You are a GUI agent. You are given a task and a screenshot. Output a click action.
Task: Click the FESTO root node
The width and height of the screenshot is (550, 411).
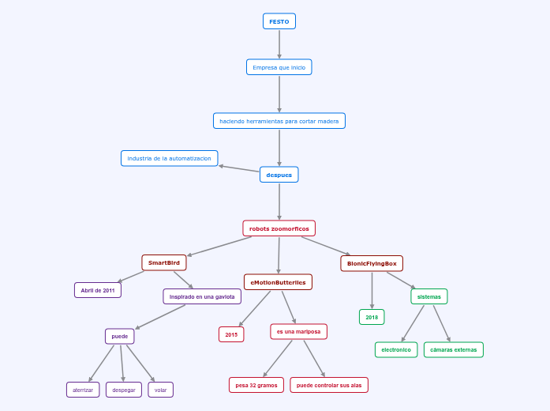279,21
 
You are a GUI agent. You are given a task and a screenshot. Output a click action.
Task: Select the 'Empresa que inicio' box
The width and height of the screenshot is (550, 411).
279,67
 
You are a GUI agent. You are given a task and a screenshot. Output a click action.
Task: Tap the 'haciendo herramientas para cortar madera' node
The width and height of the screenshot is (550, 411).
279,121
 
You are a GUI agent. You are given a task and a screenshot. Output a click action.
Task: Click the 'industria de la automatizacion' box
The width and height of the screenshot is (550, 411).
169,158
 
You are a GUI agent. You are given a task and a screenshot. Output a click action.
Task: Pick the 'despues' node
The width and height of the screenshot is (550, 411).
279,175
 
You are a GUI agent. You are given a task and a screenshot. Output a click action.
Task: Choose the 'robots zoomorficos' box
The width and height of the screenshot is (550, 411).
279,228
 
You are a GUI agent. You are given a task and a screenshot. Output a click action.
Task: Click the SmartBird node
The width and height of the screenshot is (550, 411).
164,262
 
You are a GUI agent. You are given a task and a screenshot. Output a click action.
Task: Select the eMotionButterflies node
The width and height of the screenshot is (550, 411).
278,282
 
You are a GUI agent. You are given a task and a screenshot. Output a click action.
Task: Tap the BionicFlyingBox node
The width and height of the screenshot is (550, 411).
372,263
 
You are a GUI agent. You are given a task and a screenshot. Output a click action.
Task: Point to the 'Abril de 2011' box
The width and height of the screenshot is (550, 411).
98,290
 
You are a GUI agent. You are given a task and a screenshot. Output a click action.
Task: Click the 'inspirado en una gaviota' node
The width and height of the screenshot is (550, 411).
202,296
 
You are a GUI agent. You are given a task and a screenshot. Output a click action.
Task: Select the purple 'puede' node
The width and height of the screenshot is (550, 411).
120,336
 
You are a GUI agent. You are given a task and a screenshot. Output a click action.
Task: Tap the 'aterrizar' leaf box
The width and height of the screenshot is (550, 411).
83,390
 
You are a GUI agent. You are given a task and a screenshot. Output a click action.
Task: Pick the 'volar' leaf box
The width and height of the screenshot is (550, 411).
161,390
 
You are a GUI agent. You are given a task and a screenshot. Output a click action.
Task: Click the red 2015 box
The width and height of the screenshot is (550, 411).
231,334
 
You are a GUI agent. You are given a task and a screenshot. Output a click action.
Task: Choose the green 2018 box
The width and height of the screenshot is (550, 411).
372,317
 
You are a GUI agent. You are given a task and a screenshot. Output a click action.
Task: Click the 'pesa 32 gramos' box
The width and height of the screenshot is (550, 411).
256,385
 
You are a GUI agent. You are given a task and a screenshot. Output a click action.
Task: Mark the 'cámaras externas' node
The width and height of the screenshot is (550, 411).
454,349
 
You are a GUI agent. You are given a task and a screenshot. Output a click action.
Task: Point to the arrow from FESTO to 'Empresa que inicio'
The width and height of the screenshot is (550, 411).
279,44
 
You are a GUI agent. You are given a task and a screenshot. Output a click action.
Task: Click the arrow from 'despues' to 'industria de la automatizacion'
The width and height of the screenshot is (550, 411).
239,168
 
